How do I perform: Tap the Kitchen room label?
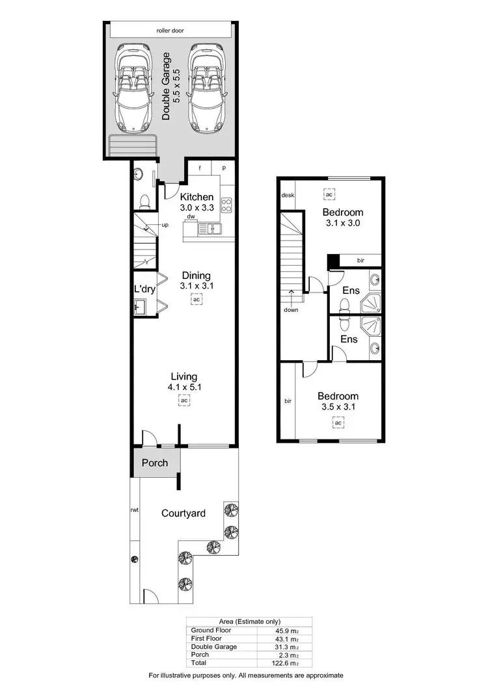[x=197, y=198]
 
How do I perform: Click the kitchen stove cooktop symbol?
[x=227, y=205]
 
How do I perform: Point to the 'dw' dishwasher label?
[x=191, y=216]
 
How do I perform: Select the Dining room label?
[x=196, y=276]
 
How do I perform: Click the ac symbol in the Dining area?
[x=196, y=299]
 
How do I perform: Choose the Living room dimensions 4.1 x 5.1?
[x=184, y=387]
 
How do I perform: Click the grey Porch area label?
[x=155, y=463]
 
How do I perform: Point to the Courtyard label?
[x=183, y=513]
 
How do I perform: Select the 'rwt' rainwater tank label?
[x=134, y=510]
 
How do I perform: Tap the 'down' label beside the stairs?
[x=291, y=310]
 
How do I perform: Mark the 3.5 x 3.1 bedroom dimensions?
[x=338, y=408]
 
